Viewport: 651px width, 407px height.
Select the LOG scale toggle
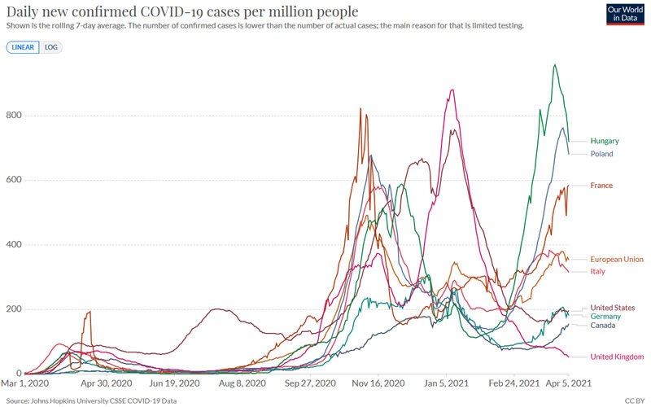coord(51,47)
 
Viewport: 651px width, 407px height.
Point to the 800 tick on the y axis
coord(13,116)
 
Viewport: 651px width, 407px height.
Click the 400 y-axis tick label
coord(13,245)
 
